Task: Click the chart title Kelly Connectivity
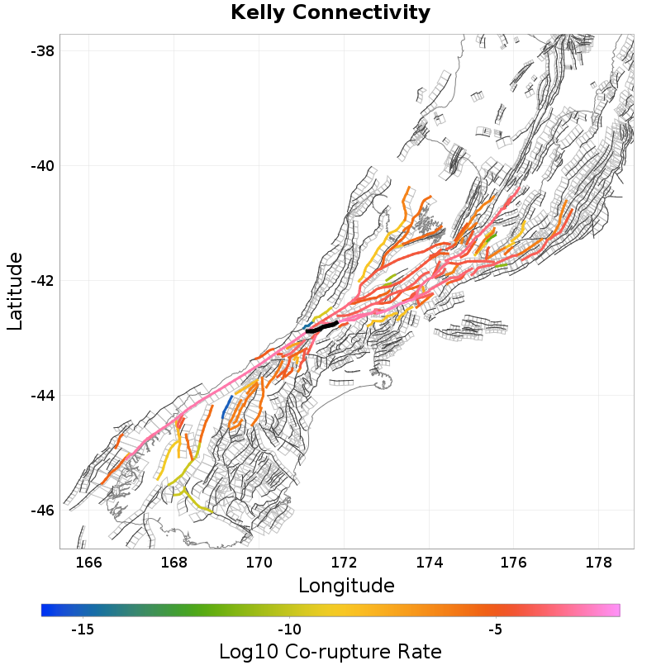pyautogui.click(x=330, y=13)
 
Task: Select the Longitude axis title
pyautogui.click(x=346, y=586)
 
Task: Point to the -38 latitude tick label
pyautogui.click(x=41, y=51)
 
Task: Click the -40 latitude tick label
pyautogui.click(x=41, y=166)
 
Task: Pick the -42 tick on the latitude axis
pyautogui.click(x=41, y=281)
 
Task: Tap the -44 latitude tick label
pyautogui.click(x=41, y=396)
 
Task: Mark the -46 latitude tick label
pyautogui.click(x=41, y=511)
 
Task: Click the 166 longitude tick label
pyautogui.click(x=88, y=563)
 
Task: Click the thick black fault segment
pyautogui.click(x=322, y=327)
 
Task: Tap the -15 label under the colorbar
pyautogui.click(x=83, y=630)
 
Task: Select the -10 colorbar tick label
pyautogui.click(x=288, y=630)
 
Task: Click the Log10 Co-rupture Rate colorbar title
pyautogui.click(x=330, y=651)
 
